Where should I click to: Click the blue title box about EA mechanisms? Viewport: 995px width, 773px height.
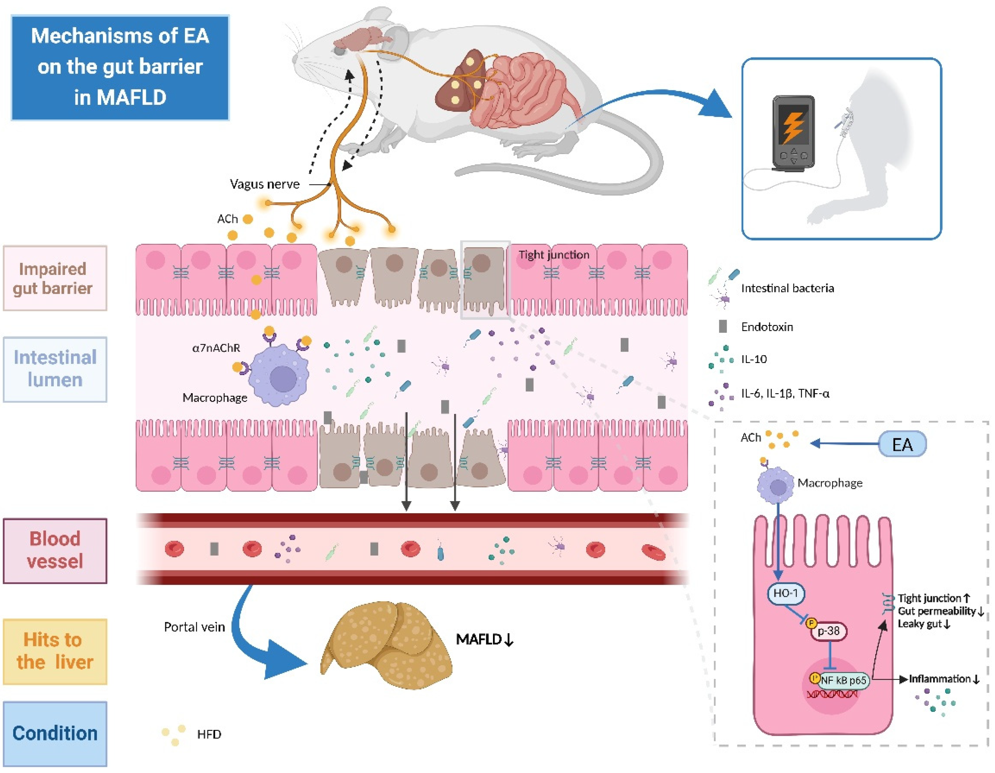(x=120, y=67)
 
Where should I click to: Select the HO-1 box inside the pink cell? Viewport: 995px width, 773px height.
(x=786, y=593)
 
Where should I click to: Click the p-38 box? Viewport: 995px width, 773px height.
(x=828, y=631)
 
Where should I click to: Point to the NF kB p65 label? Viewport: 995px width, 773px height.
(x=843, y=680)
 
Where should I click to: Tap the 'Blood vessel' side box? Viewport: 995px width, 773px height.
(x=55, y=551)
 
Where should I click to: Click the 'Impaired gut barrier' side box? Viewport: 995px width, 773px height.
(x=55, y=278)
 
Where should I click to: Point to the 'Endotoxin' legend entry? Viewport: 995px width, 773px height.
(x=766, y=327)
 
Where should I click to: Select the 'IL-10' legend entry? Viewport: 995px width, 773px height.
(x=754, y=359)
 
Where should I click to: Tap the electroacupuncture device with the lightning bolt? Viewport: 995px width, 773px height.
(x=793, y=132)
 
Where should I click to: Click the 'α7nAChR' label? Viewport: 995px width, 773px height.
(x=216, y=348)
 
